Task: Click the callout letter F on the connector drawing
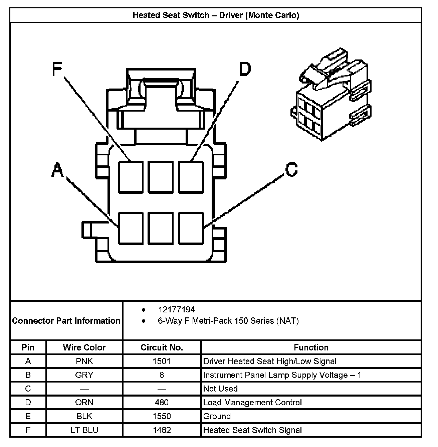pyautogui.click(x=57, y=69)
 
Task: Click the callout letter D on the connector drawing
pyautogui.click(x=244, y=69)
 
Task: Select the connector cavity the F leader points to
pyautogui.click(x=131, y=177)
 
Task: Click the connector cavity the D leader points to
pyautogui.click(x=191, y=177)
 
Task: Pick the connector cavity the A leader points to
pyautogui.click(x=131, y=228)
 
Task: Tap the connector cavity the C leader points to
pyautogui.click(x=191, y=228)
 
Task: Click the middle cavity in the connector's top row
pyautogui.click(x=161, y=177)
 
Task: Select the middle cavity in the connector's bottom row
pyautogui.click(x=161, y=228)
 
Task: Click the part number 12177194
pyautogui.click(x=176, y=310)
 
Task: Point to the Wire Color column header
pyautogui.click(x=84, y=347)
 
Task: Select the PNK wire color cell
pyautogui.click(x=84, y=361)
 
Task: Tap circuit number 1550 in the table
pyautogui.click(x=162, y=416)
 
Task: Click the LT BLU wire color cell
pyautogui.click(x=84, y=430)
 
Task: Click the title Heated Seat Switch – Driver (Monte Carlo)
pyautogui.click(x=216, y=15)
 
